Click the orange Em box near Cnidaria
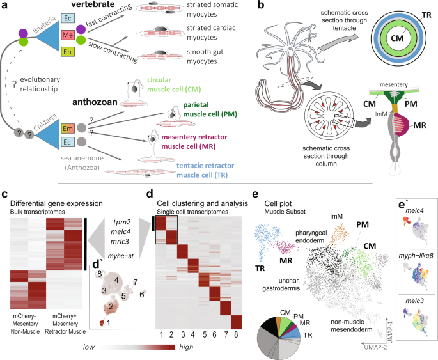(x=66, y=129)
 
